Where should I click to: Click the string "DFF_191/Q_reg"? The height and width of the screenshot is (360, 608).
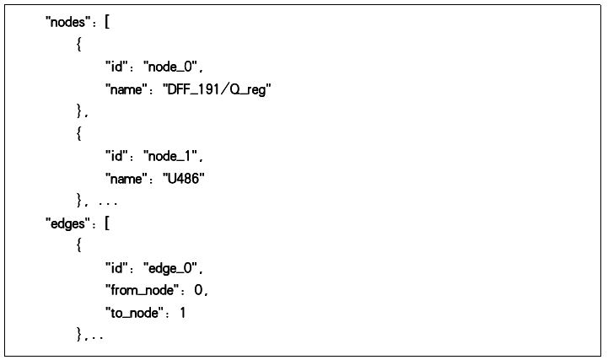pos(217,90)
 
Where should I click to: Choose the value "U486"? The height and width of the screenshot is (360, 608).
pos(184,179)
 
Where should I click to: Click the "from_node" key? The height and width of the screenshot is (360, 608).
pos(143,290)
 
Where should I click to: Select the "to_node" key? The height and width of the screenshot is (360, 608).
pos(135,313)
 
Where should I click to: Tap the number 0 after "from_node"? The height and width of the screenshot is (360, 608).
pos(198,290)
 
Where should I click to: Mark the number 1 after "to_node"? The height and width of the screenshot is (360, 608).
pos(183,312)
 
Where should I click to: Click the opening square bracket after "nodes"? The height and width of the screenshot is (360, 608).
pos(107,22)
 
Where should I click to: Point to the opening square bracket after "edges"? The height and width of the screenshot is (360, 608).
pos(107,223)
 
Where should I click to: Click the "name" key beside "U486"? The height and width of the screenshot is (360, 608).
pos(126,179)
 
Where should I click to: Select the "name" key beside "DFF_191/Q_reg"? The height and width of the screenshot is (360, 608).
pos(126,89)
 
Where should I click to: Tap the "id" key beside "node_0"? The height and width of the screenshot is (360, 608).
pos(116,67)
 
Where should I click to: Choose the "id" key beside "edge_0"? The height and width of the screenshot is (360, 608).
pos(116,268)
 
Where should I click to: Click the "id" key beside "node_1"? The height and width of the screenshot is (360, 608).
pos(116,156)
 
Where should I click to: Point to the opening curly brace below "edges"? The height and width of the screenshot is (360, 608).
pos(79,245)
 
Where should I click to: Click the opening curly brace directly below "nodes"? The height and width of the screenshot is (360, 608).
pos(79,44)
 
